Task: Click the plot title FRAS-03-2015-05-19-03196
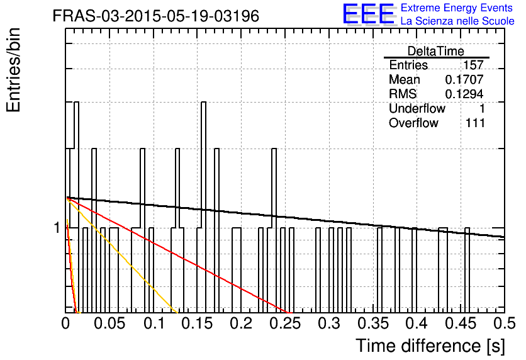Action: click(x=156, y=16)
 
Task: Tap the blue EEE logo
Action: click(x=369, y=14)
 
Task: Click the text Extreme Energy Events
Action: click(x=457, y=8)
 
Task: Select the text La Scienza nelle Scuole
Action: click(x=457, y=21)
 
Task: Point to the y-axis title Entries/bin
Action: click(x=13, y=70)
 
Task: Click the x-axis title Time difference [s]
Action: click(x=430, y=346)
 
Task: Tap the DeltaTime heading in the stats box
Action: click(x=436, y=51)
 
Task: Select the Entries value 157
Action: click(x=473, y=65)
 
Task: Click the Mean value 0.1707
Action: click(x=464, y=79)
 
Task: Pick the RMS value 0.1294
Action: click(x=464, y=94)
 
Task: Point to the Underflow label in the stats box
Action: click(x=417, y=108)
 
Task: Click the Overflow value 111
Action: click(x=475, y=123)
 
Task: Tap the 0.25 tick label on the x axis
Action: click(x=286, y=323)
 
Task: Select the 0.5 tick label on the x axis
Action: click(x=505, y=323)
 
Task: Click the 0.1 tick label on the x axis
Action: click(x=154, y=323)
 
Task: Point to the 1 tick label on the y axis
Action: click(x=57, y=228)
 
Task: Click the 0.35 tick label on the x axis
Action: click(x=373, y=323)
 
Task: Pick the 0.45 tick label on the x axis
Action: click(x=461, y=323)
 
